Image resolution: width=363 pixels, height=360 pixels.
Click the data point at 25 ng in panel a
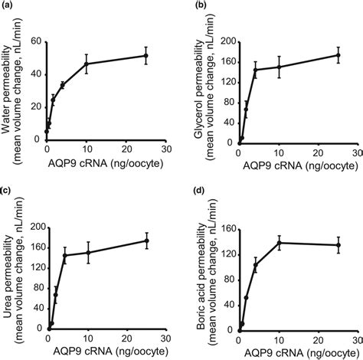click(146, 55)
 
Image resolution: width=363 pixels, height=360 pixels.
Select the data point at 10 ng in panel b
click(278, 67)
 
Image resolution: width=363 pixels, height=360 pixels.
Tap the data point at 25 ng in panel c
click(146, 241)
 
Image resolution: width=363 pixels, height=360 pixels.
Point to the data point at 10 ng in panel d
click(278, 243)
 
